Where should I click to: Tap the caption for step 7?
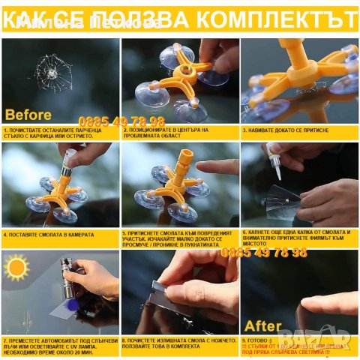pos(60,345)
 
